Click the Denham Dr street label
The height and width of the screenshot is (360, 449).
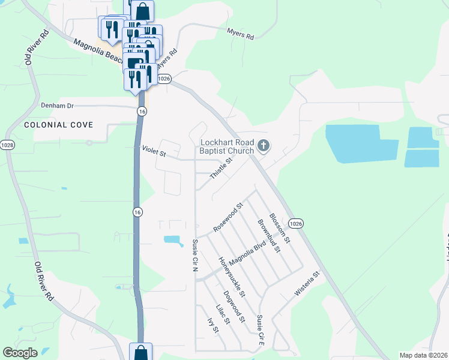coord(57,106)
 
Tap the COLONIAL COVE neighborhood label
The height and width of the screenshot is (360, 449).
coord(59,125)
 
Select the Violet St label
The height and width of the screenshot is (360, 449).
coord(154,152)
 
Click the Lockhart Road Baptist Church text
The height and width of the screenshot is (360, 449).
coord(227,146)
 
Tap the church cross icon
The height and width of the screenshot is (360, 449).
coord(263,146)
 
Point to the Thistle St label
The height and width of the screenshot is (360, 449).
coord(221,168)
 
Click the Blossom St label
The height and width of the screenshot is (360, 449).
coord(280,228)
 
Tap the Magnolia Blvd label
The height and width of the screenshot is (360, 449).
coord(247,256)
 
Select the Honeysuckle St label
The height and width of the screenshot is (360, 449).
coord(232,277)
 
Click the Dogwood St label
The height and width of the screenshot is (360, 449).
coord(234,307)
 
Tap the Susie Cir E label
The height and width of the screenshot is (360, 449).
coord(260,331)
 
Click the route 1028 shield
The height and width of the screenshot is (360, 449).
coord(7,145)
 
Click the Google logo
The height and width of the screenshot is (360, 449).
coord(20,353)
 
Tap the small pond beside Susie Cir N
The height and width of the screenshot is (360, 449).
coord(173,241)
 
